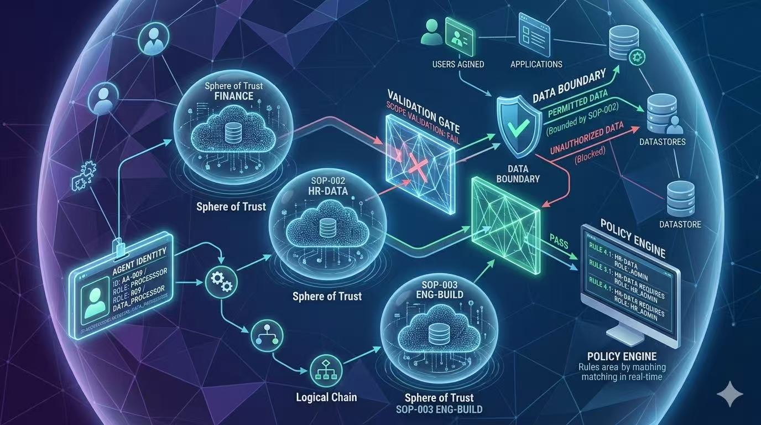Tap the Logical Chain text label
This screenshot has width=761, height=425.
click(x=326, y=397)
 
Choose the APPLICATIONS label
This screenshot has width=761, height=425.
click(x=536, y=64)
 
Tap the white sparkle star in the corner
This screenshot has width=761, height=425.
click(x=729, y=394)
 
